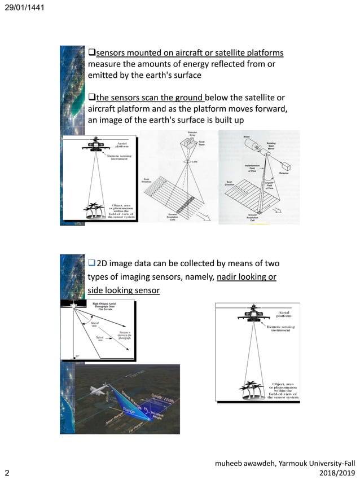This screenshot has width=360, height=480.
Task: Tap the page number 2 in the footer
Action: (x=7, y=472)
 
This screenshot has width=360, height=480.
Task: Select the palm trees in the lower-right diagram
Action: (x=251, y=387)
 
